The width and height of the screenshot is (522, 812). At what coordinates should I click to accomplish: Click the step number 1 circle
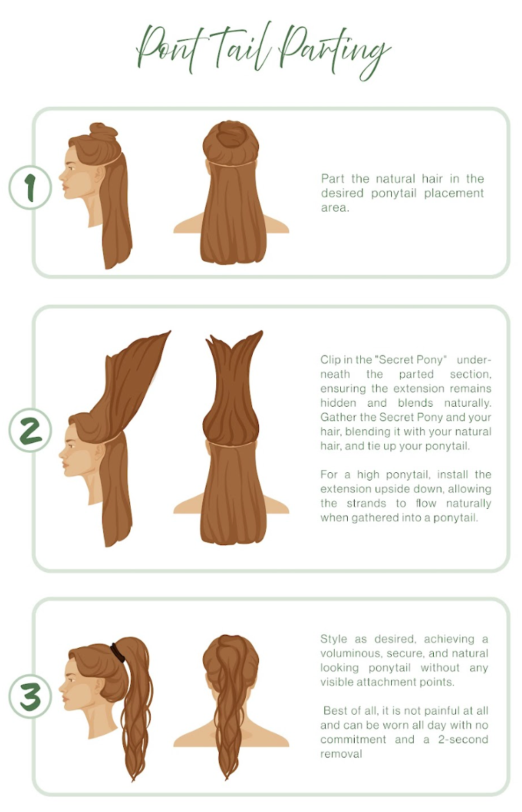[x=30, y=187]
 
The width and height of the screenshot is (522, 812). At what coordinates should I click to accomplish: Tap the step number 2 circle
[x=30, y=431]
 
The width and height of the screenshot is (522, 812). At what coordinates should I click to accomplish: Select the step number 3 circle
[x=30, y=698]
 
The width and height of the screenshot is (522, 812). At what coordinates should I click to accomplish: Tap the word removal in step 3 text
[x=342, y=754]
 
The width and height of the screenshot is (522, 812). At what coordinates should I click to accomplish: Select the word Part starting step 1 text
[x=333, y=179]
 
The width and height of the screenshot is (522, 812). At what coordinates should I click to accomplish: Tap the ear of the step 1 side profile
[x=98, y=174]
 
